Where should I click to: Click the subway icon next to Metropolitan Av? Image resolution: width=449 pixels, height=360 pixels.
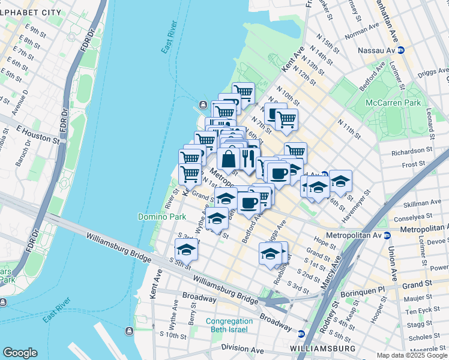click(388, 235)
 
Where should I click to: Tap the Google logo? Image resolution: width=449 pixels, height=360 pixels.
click(20, 353)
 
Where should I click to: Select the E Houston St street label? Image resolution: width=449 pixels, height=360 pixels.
click(37, 135)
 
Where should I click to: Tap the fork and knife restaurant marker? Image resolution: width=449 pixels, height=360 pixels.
click(247, 158)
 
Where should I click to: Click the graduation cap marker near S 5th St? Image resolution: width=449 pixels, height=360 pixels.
click(186, 250)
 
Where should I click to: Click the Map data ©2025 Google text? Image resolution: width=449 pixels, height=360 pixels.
click(412, 355)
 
